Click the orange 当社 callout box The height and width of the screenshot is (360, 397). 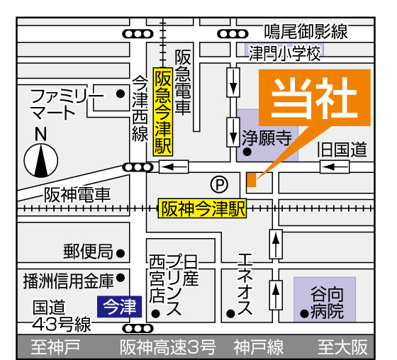coord(315,98)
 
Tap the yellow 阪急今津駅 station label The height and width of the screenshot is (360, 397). coord(163,112)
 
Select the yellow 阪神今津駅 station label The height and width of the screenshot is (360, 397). coord(203,208)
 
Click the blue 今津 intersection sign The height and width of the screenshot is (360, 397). coord(120,306)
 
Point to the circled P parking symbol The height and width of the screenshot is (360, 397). coord(219,184)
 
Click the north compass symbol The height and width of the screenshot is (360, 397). coord(41,160)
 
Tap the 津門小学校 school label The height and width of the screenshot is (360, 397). coord(284,53)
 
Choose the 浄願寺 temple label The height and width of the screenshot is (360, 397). coord(267,138)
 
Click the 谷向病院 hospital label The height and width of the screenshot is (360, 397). coord(327,303)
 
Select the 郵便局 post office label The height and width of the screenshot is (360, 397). coord(88,252)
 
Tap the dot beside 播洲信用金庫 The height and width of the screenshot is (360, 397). coord(121,278)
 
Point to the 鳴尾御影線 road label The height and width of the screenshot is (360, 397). coord(306,31)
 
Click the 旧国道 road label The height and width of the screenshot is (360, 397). coord(342,150)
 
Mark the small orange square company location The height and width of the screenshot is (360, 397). coord(252,180)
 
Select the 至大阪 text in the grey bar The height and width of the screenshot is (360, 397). coord(343,347)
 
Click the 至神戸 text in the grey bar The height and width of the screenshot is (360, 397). coord(55,347)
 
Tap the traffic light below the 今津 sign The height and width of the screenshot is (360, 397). coord(138,329)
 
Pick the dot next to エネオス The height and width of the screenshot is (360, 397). coord(230,314)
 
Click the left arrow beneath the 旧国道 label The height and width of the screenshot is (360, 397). coord(335,167)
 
